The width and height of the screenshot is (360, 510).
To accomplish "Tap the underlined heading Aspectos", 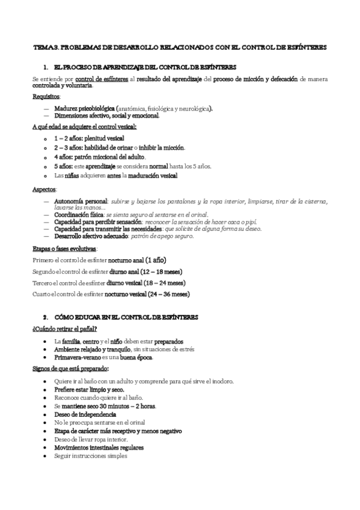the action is pyautogui.click(x=44, y=189).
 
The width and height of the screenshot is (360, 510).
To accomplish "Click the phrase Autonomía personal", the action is pyautogui.click(x=81, y=200).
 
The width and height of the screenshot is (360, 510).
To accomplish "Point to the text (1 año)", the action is pyautogui.click(x=154, y=260).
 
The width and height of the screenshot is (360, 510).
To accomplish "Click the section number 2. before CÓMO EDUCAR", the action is pyautogui.click(x=46, y=316).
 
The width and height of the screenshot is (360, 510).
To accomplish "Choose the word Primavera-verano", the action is pyautogui.click(x=75, y=357).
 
